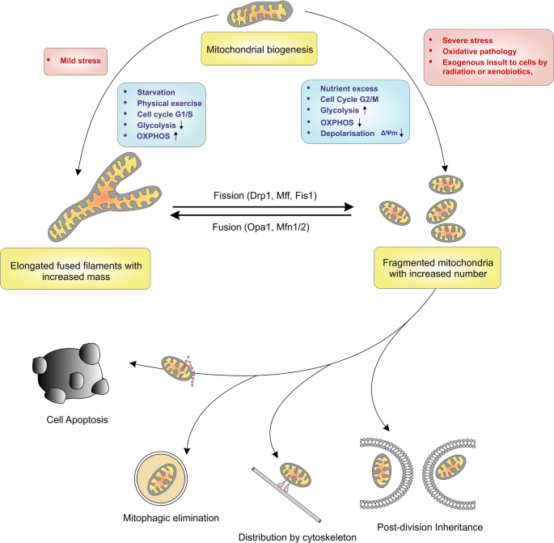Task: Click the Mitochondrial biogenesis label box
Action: pyautogui.click(x=259, y=49)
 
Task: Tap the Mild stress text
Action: pyautogui.click(x=80, y=61)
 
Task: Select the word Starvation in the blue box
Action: pyautogui.click(x=156, y=92)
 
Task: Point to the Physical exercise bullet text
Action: pyautogui.click(x=169, y=104)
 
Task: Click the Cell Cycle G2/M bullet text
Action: pyautogui.click(x=349, y=100)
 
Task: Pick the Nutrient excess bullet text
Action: pyautogui.click(x=349, y=88)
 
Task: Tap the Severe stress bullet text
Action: pyautogui.click(x=467, y=40)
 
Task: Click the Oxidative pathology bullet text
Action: pyautogui.click(x=479, y=51)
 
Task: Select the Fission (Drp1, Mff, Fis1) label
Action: pyautogui.click(x=265, y=196)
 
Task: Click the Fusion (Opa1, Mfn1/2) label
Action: pyautogui.click(x=260, y=227)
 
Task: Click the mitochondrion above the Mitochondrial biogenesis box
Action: pyautogui.click(x=260, y=14)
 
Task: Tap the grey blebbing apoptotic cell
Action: pyautogui.click(x=70, y=373)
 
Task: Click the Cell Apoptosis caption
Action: pyautogui.click(x=77, y=420)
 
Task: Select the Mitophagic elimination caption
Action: pyautogui.click(x=171, y=518)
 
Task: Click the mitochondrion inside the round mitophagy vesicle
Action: pyautogui.click(x=162, y=479)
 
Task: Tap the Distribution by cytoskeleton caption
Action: pyautogui.click(x=297, y=537)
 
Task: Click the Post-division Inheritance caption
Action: pyautogui.click(x=430, y=527)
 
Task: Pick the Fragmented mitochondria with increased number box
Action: pyautogui.click(x=438, y=268)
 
